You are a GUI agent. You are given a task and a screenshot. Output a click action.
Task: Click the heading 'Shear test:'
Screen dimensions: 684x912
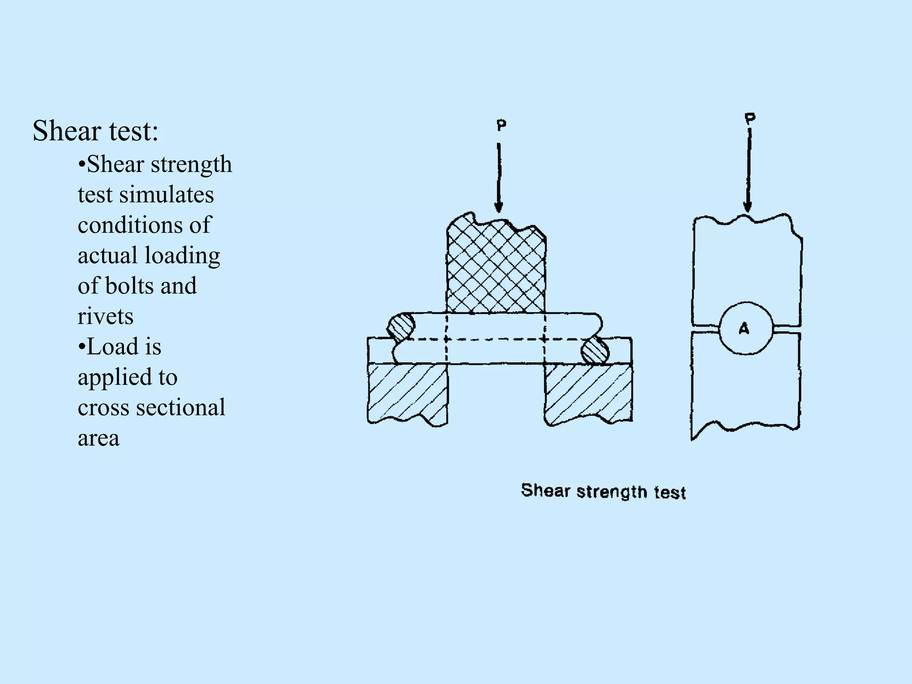click(x=95, y=131)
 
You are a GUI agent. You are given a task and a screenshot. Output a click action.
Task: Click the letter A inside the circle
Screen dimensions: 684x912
click(x=744, y=329)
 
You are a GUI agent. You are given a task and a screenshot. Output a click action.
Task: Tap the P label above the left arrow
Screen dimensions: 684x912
click(x=501, y=126)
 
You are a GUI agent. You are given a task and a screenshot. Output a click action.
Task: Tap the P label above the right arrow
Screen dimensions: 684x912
click(x=750, y=119)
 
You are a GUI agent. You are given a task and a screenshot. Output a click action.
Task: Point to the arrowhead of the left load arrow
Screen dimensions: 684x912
click(x=499, y=207)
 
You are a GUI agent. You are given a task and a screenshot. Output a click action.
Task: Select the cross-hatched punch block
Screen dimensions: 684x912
click(x=496, y=267)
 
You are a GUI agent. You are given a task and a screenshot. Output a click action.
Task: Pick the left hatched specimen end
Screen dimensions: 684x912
click(x=400, y=328)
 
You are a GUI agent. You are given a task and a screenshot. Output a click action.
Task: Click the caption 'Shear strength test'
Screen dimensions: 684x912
click(x=603, y=491)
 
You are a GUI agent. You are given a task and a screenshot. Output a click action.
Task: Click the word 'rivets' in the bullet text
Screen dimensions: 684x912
click(x=106, y=317)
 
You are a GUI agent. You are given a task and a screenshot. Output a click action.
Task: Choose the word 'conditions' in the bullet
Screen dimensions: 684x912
click(x=130, y=225)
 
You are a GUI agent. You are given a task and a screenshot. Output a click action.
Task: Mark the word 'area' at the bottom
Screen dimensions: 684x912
click(x=98, y=439)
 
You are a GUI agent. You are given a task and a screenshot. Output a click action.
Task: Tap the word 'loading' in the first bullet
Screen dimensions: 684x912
click(x=182, y=256)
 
